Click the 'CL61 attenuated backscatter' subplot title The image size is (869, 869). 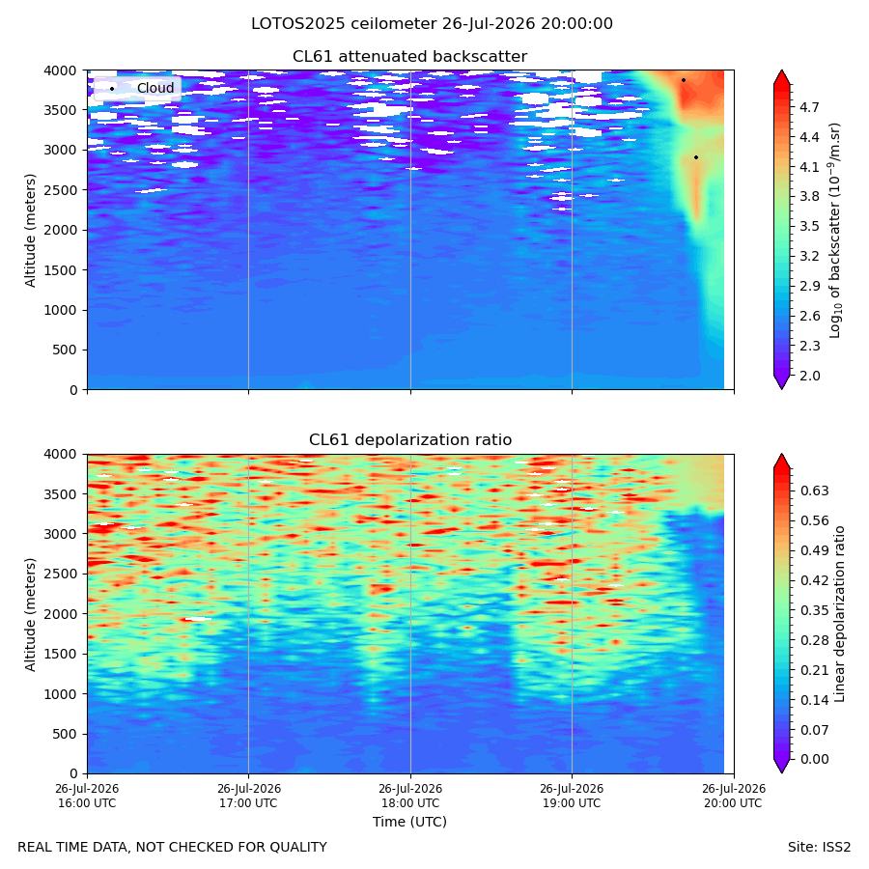[409, 57]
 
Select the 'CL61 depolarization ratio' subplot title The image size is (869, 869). [410, 440]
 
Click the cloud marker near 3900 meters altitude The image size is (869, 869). [684, 80]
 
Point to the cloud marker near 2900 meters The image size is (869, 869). [696, 157]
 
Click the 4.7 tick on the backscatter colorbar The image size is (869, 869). [809, 107]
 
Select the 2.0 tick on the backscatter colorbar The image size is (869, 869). [809, 376]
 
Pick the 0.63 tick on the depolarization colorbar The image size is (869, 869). [814, 491]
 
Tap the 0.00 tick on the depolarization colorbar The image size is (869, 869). [814, 759]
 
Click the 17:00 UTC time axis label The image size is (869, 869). [248, 796]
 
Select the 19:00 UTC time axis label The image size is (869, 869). [572, 796]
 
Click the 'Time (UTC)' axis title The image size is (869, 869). [409, 822]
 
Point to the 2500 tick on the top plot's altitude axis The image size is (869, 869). [61, 190]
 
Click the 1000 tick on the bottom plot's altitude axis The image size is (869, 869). [61, 694]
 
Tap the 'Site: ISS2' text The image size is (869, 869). [819, 848]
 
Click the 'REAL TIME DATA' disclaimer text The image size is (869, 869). [172, 848]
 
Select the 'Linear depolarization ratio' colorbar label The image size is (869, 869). [840, 614]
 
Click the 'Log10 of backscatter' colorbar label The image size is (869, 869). [835, 230]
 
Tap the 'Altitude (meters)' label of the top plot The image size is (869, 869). [30, 230]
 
